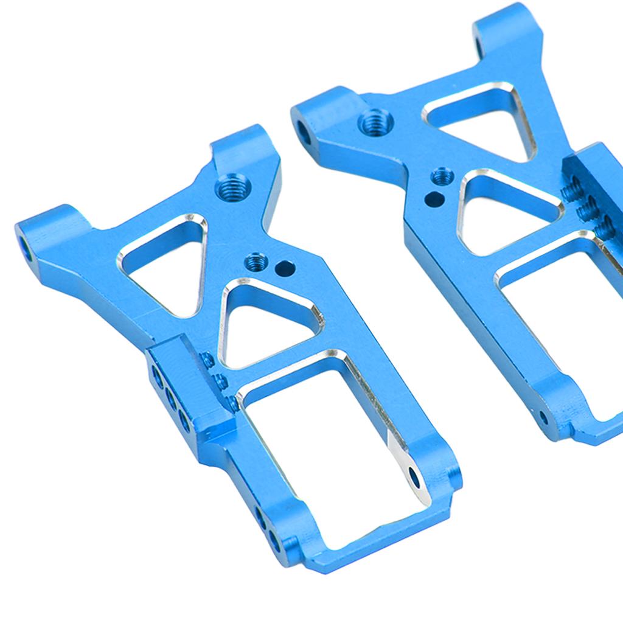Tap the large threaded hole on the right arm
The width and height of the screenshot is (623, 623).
(375, 122)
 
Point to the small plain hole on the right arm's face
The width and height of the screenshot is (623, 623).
(432, 198)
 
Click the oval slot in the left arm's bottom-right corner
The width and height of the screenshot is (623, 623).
(415, 478)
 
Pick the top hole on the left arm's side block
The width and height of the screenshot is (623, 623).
(158, 374)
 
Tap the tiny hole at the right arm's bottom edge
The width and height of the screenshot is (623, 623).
(543, 417)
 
